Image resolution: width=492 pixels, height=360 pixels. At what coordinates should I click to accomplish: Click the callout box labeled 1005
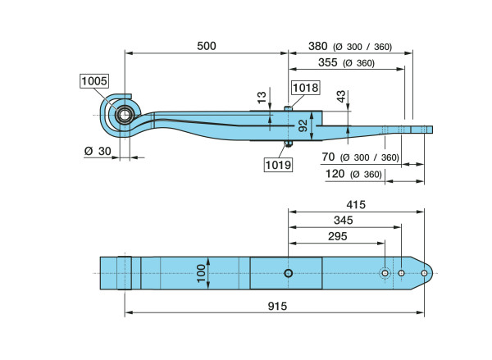pyautogui.click(x=94, y=81)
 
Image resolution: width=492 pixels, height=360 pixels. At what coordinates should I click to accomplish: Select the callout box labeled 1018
pyautogui.click(x=304, y=88)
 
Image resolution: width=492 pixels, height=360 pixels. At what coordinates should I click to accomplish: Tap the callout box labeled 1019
pyautogui.click(x=277, y=165)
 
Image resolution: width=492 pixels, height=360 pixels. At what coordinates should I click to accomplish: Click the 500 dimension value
pyautogui.click(x=207, y=46)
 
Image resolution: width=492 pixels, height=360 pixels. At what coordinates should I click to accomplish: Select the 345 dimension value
pyautogui.click(x=344, y=221)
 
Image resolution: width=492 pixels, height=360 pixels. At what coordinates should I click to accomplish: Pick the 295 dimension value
pyautogui.click(x=336, y=237)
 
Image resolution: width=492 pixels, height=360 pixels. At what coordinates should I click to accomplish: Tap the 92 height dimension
pyautogui.click(x=302, y=125)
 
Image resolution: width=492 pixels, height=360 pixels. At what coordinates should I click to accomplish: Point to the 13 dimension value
pyautogui.click(x=261, y=97)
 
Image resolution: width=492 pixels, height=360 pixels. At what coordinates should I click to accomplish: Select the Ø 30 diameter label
pyautogui.click(x=97, y=151)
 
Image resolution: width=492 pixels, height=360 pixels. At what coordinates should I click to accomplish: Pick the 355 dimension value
pyautogui.click(x=304, y=63)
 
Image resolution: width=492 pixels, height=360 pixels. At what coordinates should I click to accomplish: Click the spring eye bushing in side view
pyautogui.click(x=125, y=113)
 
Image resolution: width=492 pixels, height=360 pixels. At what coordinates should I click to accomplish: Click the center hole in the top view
pyautogui.click(x=288, y=273)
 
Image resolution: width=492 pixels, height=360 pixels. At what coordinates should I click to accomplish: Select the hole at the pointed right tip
pyautogui.click(x=423, y=273)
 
